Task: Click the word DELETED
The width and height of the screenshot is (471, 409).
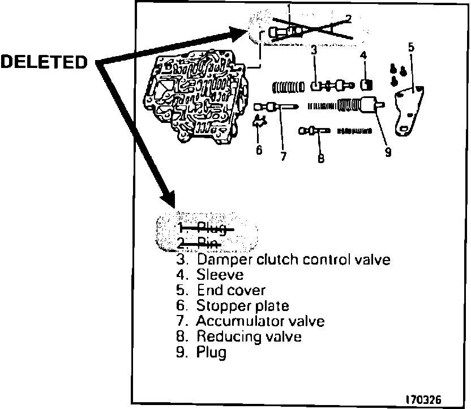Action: pyautogui.click(x=44, y=61)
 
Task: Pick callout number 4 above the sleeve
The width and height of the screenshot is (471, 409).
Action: pyautogui.click(x=364, y=56)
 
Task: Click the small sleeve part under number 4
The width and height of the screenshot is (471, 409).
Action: pyautogui.click(x=366, y=85)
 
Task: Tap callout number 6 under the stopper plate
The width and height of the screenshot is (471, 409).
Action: pyautogui.click(x=259, y=150)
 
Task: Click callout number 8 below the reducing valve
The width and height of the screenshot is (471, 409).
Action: pyautogui.click(x=320, y=159)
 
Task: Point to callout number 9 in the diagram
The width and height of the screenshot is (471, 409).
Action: pyautogui.click(x=388, y=152)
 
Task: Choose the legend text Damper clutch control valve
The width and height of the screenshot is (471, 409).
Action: pyautogui.click(x=293, y=260)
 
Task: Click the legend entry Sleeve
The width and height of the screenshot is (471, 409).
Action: pyautogui.click(x=220, y=275)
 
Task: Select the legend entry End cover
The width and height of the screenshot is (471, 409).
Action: pyautogui.click(x=230, y=291)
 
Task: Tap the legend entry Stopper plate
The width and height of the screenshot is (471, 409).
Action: pyautogui.click(x=242, y=306)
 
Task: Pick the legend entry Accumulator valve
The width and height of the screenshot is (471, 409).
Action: pyautogui.click(x=260, y=321)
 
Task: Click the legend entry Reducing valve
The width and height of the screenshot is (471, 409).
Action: pyautogui.click(x=249, y=336)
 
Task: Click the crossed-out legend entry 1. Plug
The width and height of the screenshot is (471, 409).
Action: pyautogui.click(x=202, y=229)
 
